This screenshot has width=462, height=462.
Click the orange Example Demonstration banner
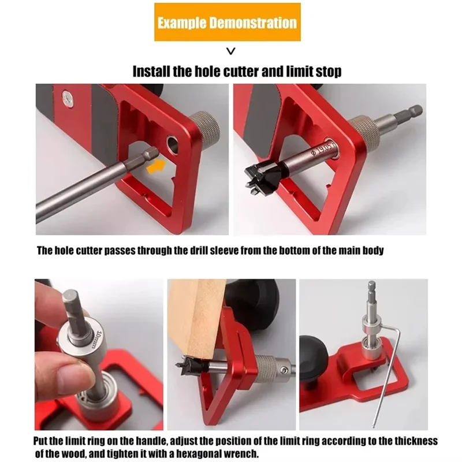pos(227,22)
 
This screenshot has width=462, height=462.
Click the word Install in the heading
pos(151,72)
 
